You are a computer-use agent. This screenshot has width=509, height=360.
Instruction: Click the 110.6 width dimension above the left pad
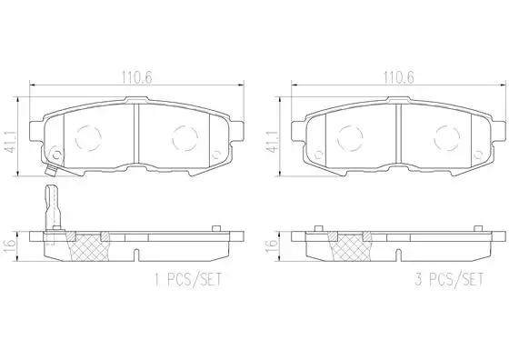[136, 77]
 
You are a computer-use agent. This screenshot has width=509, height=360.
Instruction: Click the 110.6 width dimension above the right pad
[399, 77]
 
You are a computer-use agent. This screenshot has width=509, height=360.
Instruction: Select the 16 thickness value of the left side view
[10, 247]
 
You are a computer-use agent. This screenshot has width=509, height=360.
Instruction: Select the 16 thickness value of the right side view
[272, 247]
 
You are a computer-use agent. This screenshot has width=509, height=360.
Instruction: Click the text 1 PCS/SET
[188, 279]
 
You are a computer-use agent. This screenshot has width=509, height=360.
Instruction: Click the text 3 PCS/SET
[450, 279]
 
